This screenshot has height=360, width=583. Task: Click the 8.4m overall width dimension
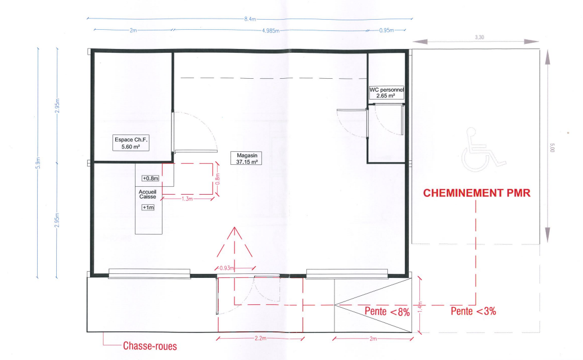pos(250,19)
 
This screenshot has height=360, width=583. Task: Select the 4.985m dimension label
pos(270,30)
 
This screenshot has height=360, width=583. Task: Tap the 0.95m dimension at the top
pos(387,30)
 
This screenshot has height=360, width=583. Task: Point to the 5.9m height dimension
pos(38,163)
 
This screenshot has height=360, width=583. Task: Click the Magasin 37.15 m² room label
pos(246,159)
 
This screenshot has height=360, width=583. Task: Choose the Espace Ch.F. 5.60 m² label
pos(131,143)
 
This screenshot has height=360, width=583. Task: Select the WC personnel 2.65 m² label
pos(386,93)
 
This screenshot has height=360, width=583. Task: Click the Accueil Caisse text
pos(148,194)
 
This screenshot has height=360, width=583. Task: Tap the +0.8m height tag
pos(151,178)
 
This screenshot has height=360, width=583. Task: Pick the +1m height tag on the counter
pos(148,208)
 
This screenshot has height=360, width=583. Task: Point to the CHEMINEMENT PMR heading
pos(477,193)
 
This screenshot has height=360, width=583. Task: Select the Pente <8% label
pos(387,311)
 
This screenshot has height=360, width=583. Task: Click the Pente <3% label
pos(473,311)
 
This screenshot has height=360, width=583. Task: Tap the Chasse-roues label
pos(150,346)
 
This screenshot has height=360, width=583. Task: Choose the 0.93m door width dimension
pos(227,268)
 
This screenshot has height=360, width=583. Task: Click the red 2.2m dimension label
pos(260,339)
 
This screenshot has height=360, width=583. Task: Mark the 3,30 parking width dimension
pos(479,37)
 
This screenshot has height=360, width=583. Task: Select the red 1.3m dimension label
pos(187,199)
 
